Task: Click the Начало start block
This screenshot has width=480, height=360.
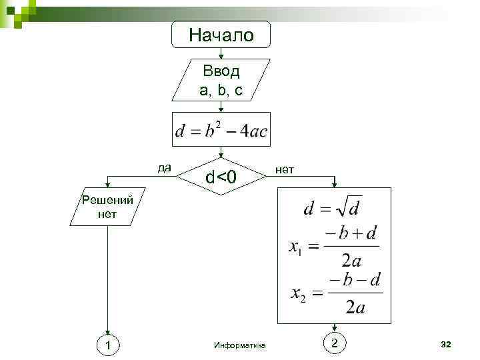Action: pos(221,35)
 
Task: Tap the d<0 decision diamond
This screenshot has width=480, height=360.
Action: pos(221,177)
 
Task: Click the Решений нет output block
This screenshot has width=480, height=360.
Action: pos(106,207)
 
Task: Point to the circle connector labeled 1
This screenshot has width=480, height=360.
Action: pos(107,344)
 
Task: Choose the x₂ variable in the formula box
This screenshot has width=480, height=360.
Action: pos(298,294)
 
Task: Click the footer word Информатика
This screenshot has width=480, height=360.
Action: pos(240,345)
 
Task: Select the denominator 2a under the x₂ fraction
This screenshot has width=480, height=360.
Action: pos(355,307)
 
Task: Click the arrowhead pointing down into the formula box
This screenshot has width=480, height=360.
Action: pos(335,184)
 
